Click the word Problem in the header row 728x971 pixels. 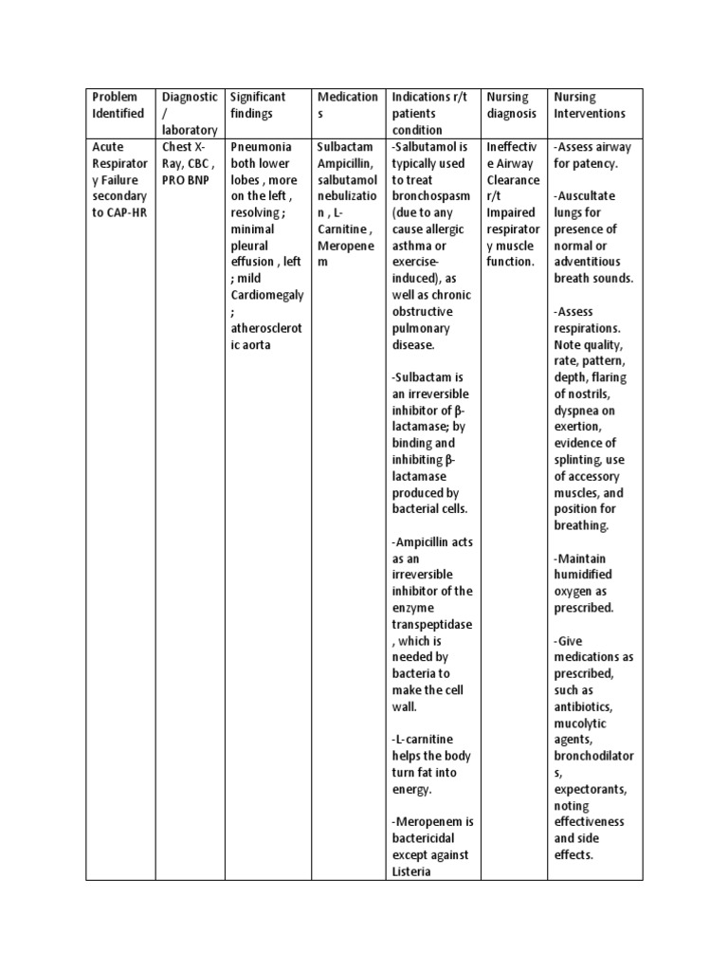[115, 97]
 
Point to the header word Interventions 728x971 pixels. [590, 114]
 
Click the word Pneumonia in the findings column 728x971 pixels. [263, 147]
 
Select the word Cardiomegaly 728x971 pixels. [267, 295]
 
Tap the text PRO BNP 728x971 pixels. [186, 180]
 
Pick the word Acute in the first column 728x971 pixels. [108, 147]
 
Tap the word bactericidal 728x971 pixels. [424, 838]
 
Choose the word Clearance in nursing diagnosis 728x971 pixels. [513, 180]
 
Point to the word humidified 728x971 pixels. [583, 575]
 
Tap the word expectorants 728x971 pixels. [590, 789]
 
